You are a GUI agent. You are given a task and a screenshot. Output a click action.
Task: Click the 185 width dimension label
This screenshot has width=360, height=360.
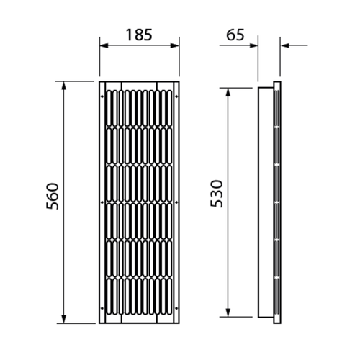(x=139, y=35)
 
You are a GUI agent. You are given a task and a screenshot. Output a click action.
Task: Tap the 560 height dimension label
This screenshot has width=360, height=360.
(x=53, y=196)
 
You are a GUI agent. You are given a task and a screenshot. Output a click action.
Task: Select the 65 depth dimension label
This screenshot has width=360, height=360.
(x=235, y=35)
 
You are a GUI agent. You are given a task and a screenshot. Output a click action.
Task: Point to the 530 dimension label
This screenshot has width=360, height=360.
(x=217, y=194)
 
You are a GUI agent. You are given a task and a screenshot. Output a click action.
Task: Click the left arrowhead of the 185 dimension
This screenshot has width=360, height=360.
(x=104, y=45)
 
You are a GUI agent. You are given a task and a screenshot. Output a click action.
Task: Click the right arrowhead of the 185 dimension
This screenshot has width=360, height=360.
(x=175, y=45)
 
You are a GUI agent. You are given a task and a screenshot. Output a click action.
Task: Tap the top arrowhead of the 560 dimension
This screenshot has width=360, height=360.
(x=63, y=86)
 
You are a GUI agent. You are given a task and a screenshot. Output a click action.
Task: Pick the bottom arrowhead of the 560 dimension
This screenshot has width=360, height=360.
(x=63, y=319)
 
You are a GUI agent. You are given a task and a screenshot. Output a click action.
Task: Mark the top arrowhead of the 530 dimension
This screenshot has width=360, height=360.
(x=228, y=92)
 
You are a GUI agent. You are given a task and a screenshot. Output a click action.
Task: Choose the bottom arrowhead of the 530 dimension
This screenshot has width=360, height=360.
(x=228, y=312)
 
